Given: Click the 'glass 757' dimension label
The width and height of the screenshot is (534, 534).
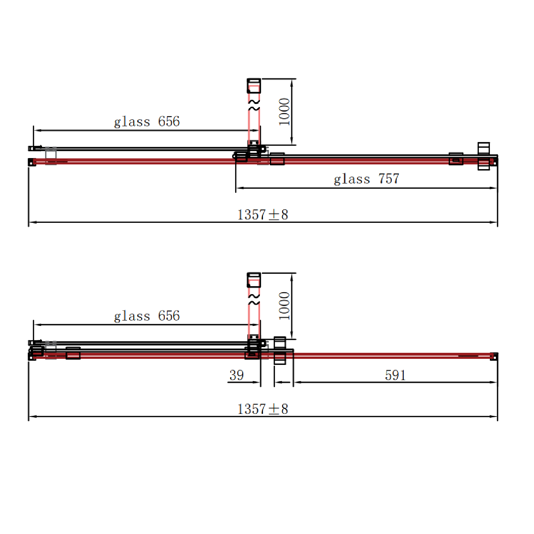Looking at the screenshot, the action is click(x=366, y=179).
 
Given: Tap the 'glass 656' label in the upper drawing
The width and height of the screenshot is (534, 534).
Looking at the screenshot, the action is click(x=147, y=121).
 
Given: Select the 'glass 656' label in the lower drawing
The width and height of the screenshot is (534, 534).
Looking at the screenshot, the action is click(x=147, y=316).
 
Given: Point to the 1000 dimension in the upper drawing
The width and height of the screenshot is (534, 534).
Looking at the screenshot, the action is click(x=284, y=112).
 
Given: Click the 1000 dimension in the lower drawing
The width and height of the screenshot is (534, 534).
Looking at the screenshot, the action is click(x=284, y=306).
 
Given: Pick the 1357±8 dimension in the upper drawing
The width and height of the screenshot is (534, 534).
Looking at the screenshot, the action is click(x=263, y=215).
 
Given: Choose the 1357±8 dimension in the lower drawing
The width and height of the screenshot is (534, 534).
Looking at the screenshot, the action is click(x=263, y=409).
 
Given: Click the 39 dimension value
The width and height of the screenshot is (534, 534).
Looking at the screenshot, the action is click(x=237, y=375).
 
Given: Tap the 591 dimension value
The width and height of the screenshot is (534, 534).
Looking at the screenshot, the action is click(x=395, y=375).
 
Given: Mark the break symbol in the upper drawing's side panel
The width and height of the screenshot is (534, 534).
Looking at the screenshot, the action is click(x=254, y=105).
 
